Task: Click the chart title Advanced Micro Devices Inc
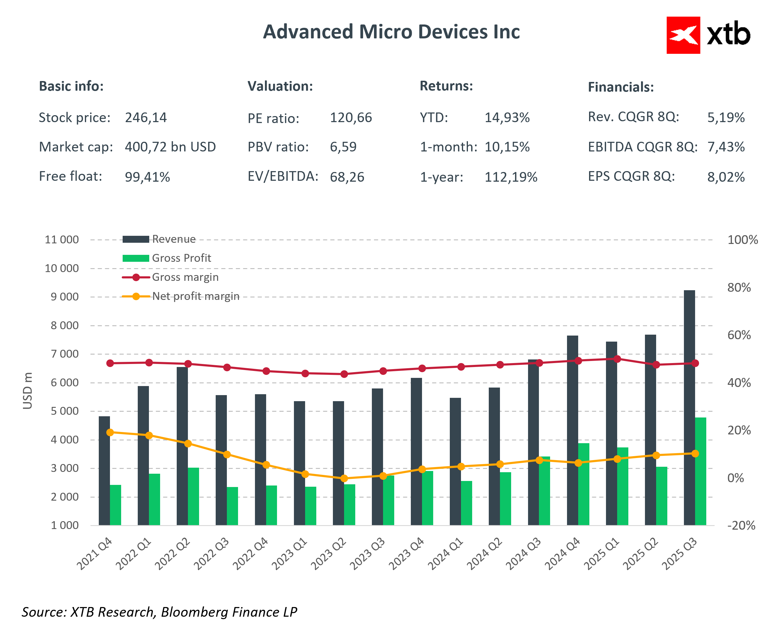tap(391, 32)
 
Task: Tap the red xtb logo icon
tap(683, 35)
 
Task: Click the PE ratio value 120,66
tap(350, 118)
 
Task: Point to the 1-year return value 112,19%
tap(511, 177)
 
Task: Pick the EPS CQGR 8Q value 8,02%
tap(726, 177)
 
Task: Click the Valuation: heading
tap(280, 86)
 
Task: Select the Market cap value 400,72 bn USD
tap(170, 147)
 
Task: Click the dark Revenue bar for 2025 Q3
tap(689, 407)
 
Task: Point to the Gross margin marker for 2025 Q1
tap(617, 359)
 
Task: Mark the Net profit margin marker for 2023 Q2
tap(344, 479)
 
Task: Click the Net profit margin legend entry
tap(195, 296)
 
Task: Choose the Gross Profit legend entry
tap(181, 258)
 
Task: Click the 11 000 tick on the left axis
tap(62, 240)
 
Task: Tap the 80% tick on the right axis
tap(739, 287)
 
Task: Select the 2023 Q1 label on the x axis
tap(289, 554)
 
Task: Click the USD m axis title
tap(27, 391)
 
